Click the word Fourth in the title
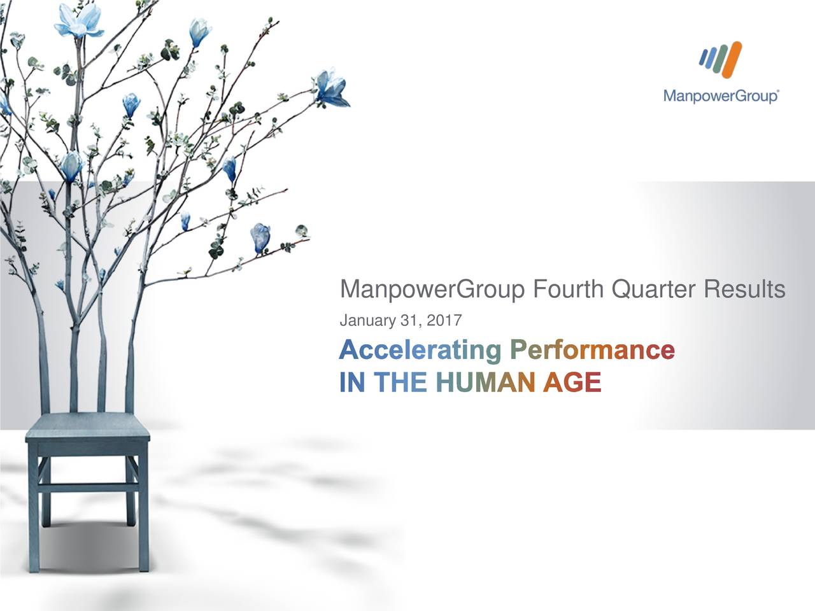click(x=568, y=290)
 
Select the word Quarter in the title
click(x=654, y=290)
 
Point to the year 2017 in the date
click(x=447, y=321)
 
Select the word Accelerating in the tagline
click(x=420, y=349)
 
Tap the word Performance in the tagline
click(x=592, y=349)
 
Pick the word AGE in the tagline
click(x=572, y=383)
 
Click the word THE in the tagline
click(x=400, y=383)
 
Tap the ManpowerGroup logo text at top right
click(x=721, y=97)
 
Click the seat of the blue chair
click(x=88, y=425)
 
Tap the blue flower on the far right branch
click(x=330, y=89)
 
